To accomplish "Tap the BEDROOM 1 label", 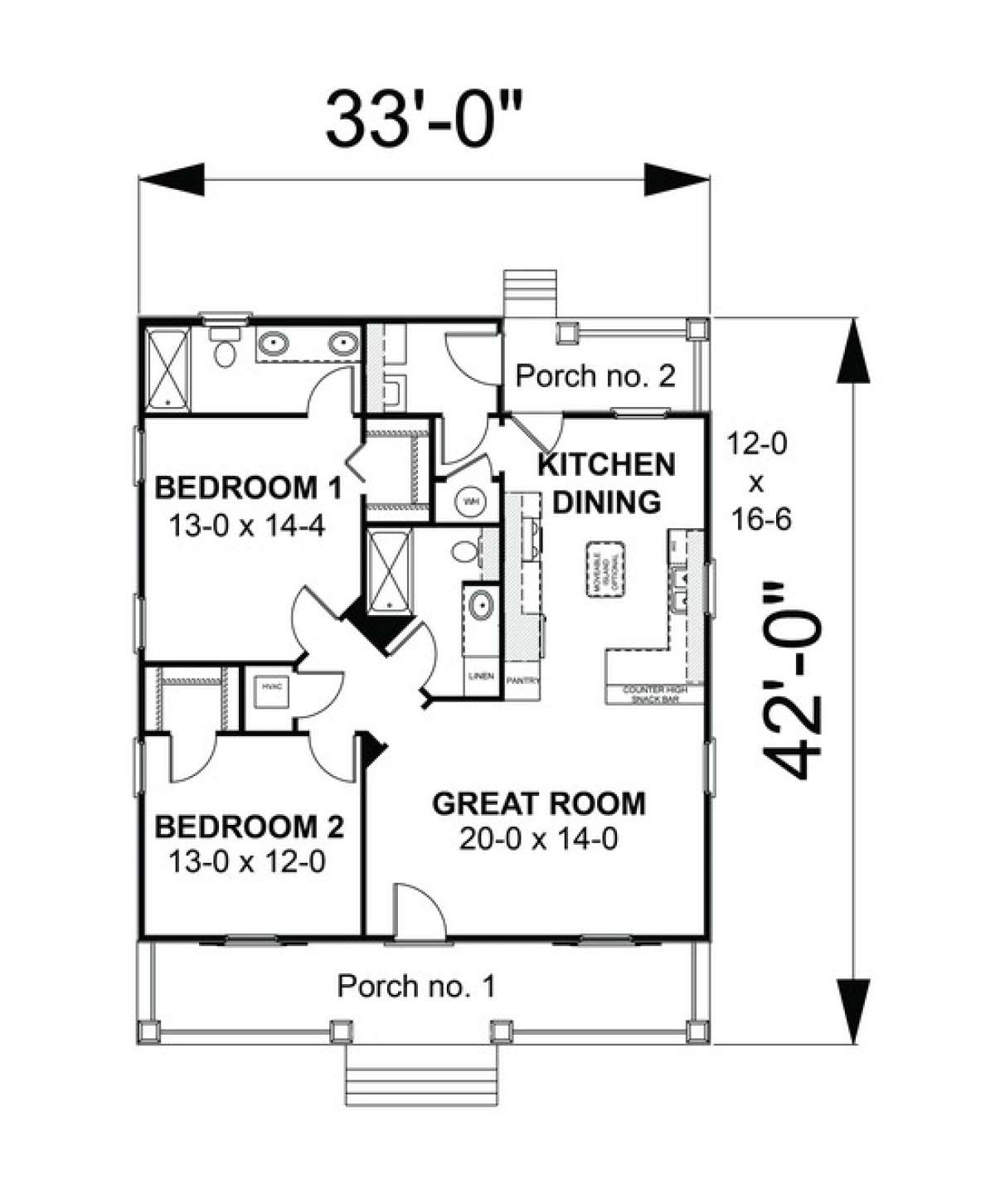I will pos(248,488).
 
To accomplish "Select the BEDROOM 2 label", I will pos(249,827).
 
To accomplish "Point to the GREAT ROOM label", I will pos(539,803).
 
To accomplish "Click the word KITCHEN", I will pos(606,465).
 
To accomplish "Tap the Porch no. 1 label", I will pos(416,986).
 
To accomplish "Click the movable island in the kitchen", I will pos(606,569).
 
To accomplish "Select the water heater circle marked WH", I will pos(471,502).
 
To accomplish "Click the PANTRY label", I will pos(523,681).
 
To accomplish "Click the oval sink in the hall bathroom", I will pos(478,605).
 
